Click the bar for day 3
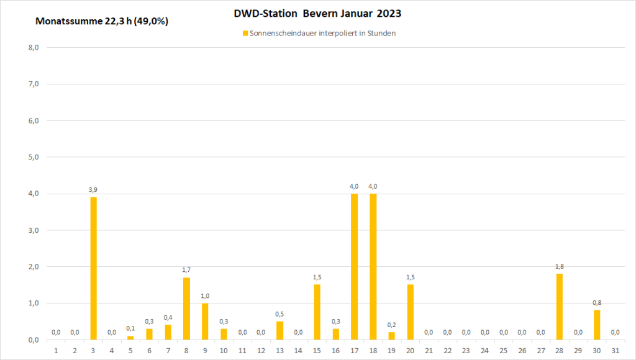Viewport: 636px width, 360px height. pyautogui.click(x=93, y=268)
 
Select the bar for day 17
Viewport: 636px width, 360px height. pyautogui.click(x=354, y=267)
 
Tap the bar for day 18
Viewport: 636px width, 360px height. pyautogui.click(x=373, y=267)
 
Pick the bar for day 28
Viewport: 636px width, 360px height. pyautogui.click(x=559, y=307)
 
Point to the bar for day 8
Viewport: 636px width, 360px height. pyautogui.click(x=186, y=308)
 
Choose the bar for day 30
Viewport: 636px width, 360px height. pyautogui.click(x=596, y=325)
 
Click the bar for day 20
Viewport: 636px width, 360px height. pyautogui.click(x=410, y=312)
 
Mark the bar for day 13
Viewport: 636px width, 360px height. pyautogui.click(x=279, y=330)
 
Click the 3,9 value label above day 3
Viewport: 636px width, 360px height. pyautogui.click(x=93, y=190)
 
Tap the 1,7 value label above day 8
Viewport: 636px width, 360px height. pyautogui.click(x=186, y=270)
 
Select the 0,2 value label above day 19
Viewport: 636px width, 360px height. pyautogui.click(x=391, y=325)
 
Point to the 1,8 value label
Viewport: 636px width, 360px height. pyautogui.click(x=559, y=266)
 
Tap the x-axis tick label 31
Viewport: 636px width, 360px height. pyautogui.click(x=615, y=351)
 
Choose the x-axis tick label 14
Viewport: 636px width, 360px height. pyautogui.click(x=298, y=351)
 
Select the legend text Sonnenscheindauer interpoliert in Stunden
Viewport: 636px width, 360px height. pyautogui.click(x=322, y=34)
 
